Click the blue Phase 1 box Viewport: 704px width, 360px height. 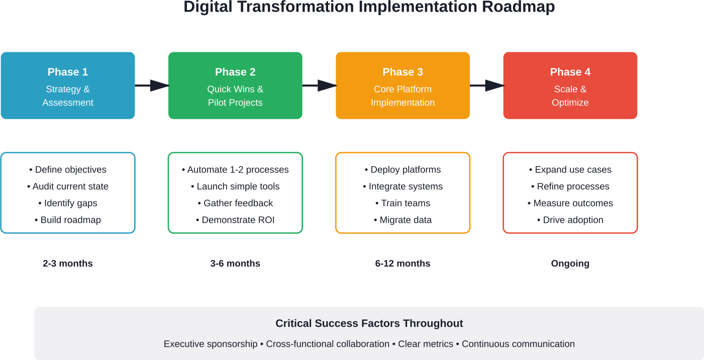click(68, 85)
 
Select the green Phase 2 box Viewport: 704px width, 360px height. click(235, 85)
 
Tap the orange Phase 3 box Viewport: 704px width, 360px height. click(403, 85)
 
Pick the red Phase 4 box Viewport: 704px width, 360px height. click(570, 85)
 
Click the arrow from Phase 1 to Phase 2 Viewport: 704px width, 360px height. click(152, 86)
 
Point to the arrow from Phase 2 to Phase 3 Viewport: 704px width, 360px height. click(319, 86)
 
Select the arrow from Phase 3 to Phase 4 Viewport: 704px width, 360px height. click(486, 86)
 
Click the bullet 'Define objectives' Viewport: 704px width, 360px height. click(68, 170)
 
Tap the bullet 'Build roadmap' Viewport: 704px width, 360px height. click(68, 220)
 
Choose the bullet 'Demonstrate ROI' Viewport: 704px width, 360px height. click(235, 220)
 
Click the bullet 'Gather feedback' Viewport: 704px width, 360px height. click(235, 203)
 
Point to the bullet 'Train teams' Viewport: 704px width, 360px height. click(403, 203)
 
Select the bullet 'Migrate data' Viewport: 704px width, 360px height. click(403, 220)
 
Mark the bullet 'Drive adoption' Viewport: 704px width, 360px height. click(570, 220)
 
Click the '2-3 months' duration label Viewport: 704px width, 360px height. click(68, 263)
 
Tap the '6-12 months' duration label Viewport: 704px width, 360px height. click(403, 263)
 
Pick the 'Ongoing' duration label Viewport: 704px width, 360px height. click(570, 263)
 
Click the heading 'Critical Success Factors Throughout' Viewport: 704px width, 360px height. click(369, 324)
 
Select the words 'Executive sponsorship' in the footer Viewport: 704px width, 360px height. click(211, 344)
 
